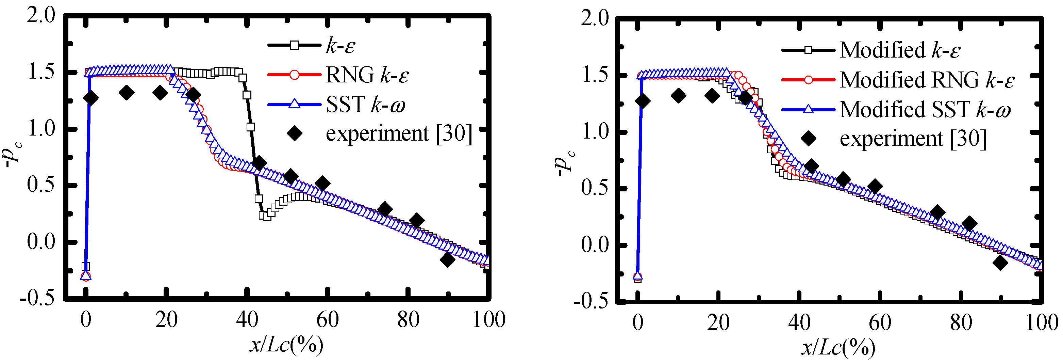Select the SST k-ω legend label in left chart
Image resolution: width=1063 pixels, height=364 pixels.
365,104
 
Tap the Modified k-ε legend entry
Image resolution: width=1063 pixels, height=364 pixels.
900,50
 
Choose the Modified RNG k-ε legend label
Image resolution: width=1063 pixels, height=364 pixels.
926,80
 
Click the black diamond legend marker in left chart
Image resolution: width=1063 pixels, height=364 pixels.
295,133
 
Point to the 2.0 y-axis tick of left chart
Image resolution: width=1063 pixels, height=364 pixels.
41,16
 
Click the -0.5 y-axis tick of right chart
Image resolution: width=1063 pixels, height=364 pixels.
591,301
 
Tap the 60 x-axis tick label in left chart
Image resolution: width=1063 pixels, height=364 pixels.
327,319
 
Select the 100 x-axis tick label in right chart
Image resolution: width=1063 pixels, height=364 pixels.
1042,322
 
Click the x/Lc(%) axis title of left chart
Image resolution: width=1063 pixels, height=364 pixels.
286,344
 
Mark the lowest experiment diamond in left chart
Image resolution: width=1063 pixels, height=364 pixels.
447,260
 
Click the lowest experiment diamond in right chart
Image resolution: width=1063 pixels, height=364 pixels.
1000,263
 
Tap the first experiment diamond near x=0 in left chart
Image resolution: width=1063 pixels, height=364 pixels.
91,98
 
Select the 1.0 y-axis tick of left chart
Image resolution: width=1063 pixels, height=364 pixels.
41,128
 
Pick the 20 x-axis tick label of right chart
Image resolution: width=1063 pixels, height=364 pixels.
718,322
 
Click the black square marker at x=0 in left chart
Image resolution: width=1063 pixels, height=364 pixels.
86,267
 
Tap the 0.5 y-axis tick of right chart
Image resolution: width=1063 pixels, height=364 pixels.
595,188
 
